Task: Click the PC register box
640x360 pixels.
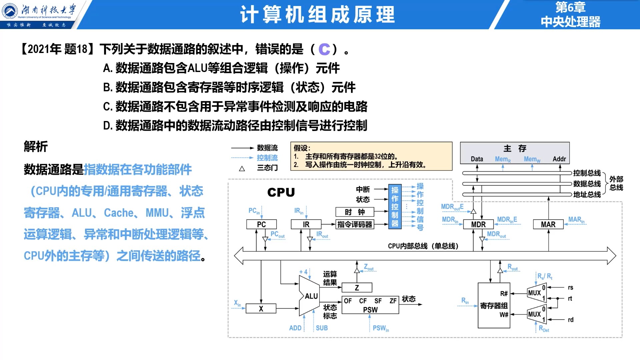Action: [261, 224]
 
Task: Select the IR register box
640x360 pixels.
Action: [306, 224]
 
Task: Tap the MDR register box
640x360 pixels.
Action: [478, 224]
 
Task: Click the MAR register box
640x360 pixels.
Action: [548, 224]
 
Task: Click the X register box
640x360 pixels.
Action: [261, 309]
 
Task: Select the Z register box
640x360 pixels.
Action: [357, 287]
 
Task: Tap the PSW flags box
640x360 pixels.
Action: [370, 305]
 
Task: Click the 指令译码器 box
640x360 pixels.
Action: [355, 224]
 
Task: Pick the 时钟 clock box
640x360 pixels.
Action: [355, 212]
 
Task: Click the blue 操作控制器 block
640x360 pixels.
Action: [395, 207]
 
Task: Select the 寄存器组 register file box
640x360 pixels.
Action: [494, 305]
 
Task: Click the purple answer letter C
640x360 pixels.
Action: [324, 49]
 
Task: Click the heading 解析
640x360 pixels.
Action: [36, 146]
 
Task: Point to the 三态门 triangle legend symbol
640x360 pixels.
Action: [242, 169]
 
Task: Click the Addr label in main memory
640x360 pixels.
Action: [559, 159]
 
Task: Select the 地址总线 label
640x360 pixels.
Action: [587, 194]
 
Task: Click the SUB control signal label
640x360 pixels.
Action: [322, 328]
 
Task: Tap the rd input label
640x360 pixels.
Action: [571, 320]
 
